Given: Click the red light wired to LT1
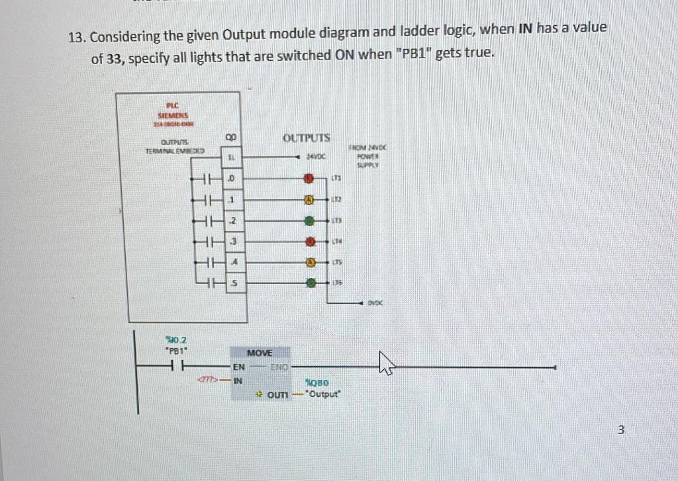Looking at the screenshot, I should point(308,179).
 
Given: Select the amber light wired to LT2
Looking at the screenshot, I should point(308,199).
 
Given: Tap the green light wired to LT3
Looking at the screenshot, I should point(308,220).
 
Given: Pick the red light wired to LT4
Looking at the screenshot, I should point(308,241).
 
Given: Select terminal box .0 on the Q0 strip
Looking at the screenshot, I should point(231,179).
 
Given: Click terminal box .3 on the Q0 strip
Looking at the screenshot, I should point(231,241).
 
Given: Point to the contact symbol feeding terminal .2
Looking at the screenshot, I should point(209,221).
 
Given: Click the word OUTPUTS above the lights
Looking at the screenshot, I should point(306,138).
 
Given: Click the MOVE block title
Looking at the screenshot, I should point(259,353).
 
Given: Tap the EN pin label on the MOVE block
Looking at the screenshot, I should point(238,366).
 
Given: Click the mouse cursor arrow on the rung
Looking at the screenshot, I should point(386,362).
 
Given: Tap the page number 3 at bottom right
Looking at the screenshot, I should point(620,430).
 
